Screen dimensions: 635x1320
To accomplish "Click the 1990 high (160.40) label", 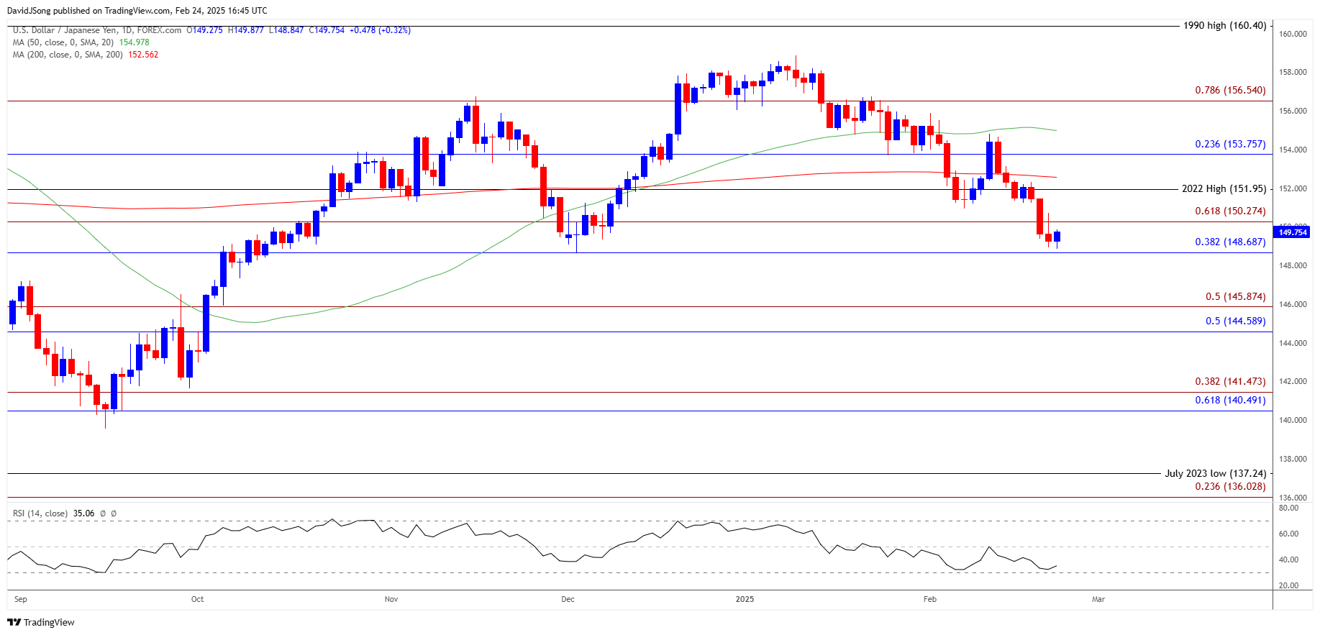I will pyautogui.click(x=1224, y=26).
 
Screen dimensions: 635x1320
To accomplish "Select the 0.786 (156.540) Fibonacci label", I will pyautogui.click(x=1230, y=91).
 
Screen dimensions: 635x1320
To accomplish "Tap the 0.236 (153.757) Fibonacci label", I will pyautogui.click(x=1230, y=145).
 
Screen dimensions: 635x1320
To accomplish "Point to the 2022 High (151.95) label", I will pyautogui.click(x=1224, y=189).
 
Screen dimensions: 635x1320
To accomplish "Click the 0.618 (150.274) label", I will pyautogui.click(x=1230, y=211).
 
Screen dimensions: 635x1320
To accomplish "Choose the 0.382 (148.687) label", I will pyautogui.click(x=1230, y=242).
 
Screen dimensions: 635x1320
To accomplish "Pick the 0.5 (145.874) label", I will pyautogui.click(x=1235, y=297).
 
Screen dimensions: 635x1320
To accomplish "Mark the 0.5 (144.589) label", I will pyautogui.click(x=1235, y=321).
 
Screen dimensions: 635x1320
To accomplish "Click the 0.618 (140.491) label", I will pyautogui.click(x=1230, y=401).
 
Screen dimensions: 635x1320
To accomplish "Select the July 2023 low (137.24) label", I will pyautogui.click(x=1216, y=474).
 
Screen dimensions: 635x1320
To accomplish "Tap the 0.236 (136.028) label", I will pyautogui.click(x=1230, y=487).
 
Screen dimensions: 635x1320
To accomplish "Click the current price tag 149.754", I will pyautogui.click(x=1293, y=232).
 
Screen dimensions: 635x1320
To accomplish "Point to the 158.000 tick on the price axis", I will pyautogui.click(x=1293, y=73).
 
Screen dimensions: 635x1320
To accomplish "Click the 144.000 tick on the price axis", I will pyautogui.click(x=1293, y=344).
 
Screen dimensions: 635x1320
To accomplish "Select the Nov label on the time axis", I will pyautogui.click(x=391, y=599).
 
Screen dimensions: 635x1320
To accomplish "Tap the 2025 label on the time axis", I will pyautogui.click(x=745, y=599).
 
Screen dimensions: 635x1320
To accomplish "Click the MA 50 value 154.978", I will pyautogui.click(x=134, y=42).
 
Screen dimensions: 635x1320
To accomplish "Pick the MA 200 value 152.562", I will pyautogui.click(x=143, y=55).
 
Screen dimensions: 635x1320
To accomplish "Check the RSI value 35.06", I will pyautogui.click(x=83, y=513).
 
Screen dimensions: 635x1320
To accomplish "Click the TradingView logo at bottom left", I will pyautogui.click(x=41, y=622).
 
